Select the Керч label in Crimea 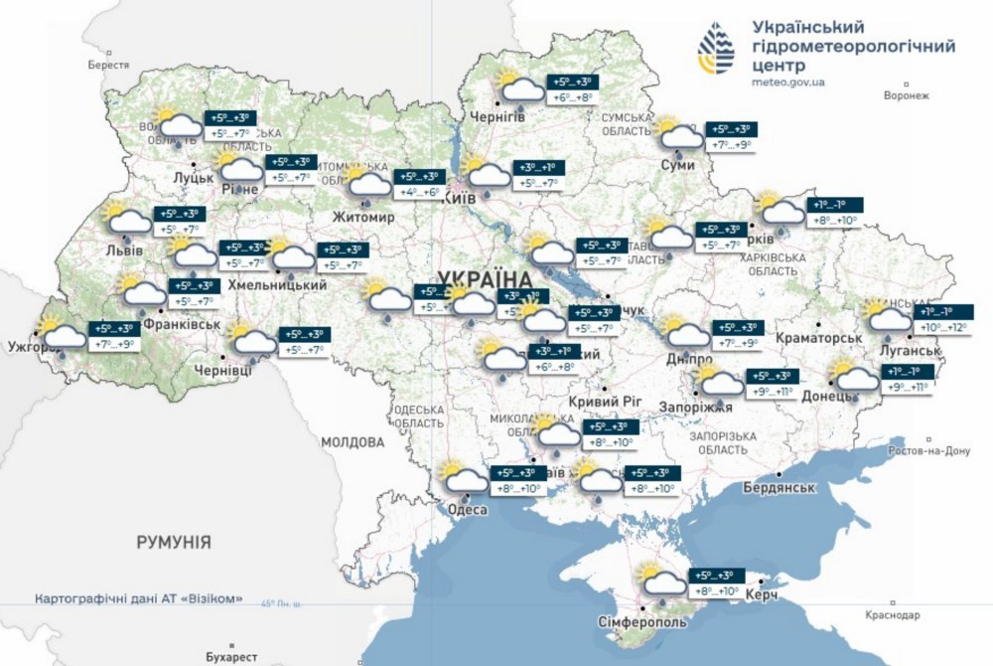(x=761, y=593)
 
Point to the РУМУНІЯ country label (x=173, y=542)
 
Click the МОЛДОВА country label (x=352, y=441)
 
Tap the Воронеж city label (x=905, y=96)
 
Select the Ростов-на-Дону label (x=929, y=450)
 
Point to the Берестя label (x=108, y=64)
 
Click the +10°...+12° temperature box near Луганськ (x=942, y=327)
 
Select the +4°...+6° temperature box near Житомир (x=417, y=192)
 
